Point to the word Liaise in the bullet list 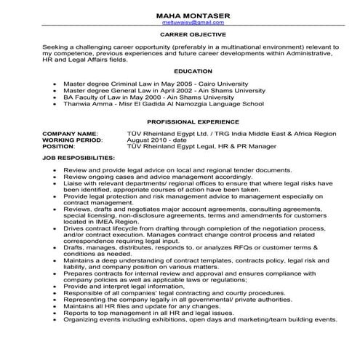(75, 183)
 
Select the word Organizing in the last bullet (85, 340)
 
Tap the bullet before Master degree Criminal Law (56, 82)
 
